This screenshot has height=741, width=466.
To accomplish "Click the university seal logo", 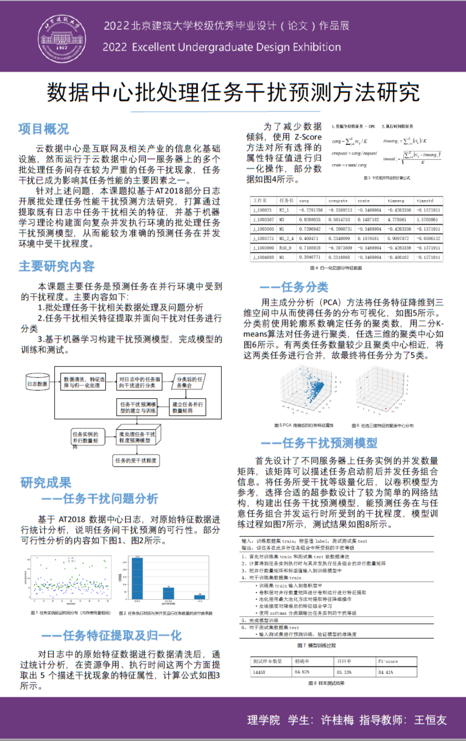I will [x=62, y=39].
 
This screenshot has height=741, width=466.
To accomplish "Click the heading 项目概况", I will [x=43, y=129].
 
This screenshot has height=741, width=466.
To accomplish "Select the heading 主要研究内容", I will [x=57, y=266].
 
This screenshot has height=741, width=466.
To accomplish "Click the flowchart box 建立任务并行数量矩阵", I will [x=187, y=408].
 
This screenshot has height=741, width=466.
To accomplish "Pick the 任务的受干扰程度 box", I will [x=136, y=461].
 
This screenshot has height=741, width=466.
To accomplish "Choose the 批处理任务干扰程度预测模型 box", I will [x=137, y=437].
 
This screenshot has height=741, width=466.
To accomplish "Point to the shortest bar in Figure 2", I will [x=199, y=597].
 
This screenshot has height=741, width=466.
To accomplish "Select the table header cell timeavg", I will [x=396, y=201].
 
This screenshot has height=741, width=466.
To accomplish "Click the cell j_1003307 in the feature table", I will [x=263, y=220].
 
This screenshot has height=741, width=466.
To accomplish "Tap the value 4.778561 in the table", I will [x=398, y=220].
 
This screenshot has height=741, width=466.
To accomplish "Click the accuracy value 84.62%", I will [x=302, y=672].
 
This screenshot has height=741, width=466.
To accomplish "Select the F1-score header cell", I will [x=388, y=661].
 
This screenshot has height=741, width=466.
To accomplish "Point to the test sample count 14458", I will [x=259, y=672].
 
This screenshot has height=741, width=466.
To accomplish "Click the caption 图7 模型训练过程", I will [x=316, y=645].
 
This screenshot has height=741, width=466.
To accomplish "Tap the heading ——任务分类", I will [x=294, y=287].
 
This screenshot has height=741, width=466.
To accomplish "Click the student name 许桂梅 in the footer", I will [x=337, y=720].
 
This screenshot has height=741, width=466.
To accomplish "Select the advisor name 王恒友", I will [x=430, y=720].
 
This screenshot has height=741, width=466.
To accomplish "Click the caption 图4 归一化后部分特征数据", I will [x=336, y=268].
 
